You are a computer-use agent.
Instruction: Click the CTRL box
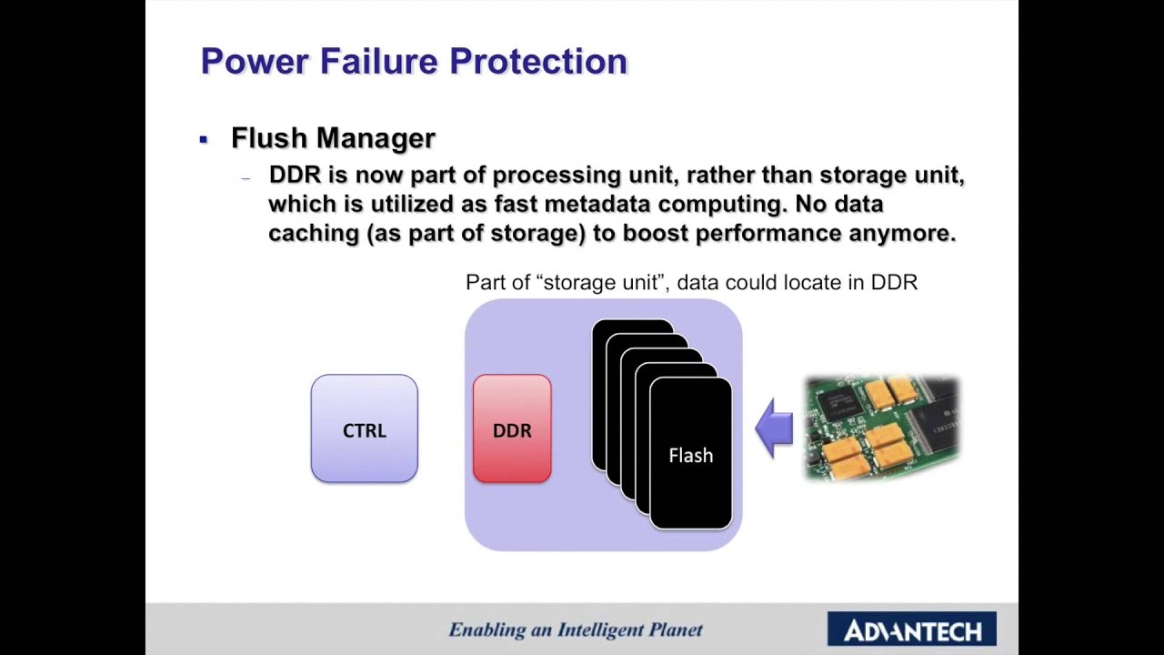(364, 428)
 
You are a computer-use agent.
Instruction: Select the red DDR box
(512, 428)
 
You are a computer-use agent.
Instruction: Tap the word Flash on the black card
(690, 456)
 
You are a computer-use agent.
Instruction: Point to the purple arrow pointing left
(775, 428)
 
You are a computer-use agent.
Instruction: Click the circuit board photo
(882, 428)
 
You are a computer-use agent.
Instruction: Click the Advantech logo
(911, 630)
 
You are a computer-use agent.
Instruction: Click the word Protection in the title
(538, 62)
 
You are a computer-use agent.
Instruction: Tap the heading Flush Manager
(333, 138)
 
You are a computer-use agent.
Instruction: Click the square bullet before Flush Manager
(204, 139)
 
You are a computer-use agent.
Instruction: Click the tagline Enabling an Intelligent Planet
(576, 630)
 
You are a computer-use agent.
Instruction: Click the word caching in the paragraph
(314, 233)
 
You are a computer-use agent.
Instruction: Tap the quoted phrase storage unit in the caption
(599, 282)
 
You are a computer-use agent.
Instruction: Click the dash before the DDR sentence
(246, 178)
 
